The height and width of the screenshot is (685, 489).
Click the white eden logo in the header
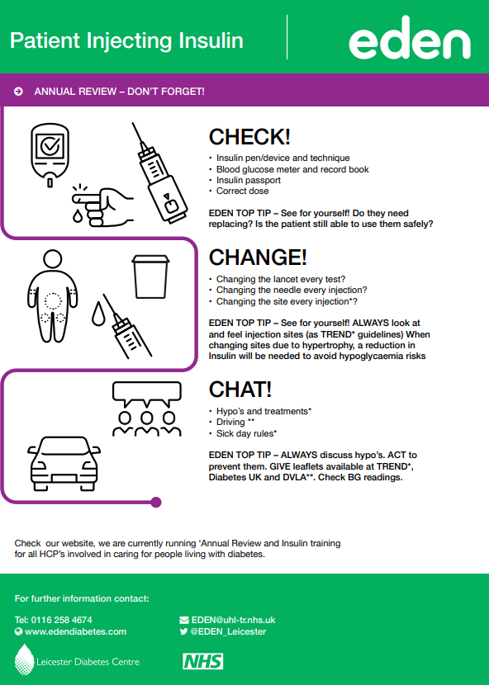coord(409,40)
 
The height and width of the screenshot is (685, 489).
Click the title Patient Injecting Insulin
coord(126,40)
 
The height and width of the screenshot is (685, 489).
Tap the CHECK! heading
coord(249,137)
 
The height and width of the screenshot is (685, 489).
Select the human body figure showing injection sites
coord(54,295)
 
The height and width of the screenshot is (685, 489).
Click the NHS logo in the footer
coord(202,661)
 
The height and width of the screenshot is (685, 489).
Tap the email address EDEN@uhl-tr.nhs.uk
coord(233,619)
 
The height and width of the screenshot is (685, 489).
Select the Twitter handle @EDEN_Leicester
coord(228,631)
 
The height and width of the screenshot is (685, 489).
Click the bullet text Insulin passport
coord(248,180)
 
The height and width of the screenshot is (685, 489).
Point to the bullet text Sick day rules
coord(246,433)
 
